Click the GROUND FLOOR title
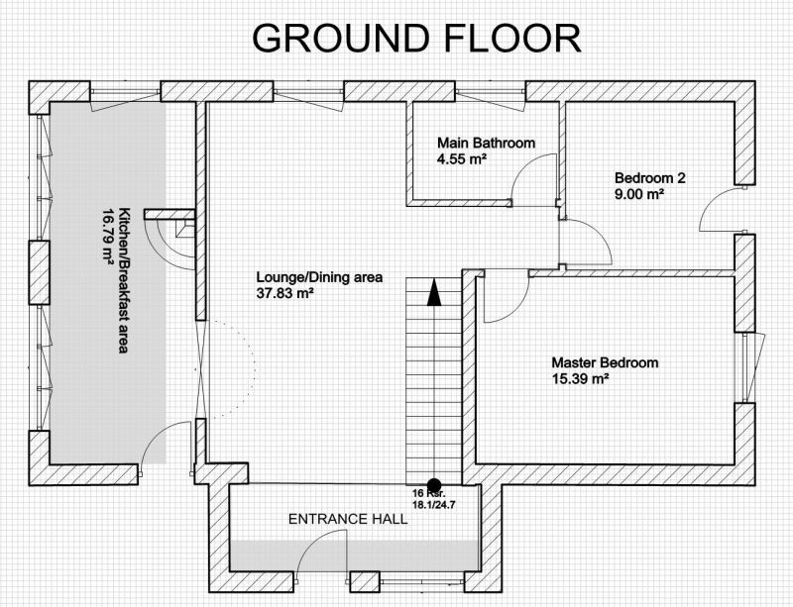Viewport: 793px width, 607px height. coord(416,39)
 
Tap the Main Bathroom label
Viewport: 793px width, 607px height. coord(486,143)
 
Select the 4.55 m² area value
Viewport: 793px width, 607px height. coord(462,159)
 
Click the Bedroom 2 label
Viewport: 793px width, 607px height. coord(650,178)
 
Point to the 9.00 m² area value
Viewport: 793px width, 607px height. coord(639,194)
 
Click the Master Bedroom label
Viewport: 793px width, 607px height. coord(605,362)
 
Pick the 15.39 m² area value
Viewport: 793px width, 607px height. coord(580,378)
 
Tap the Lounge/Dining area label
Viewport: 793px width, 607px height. coord(319,277)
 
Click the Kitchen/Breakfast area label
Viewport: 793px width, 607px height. coord(123,280)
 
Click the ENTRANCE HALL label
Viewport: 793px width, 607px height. coord(348,519)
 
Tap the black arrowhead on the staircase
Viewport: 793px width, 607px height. coord(434,292)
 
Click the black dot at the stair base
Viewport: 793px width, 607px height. coord(434,484)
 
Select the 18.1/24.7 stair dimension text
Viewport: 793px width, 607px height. coord(431,504)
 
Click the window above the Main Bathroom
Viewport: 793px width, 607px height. coord(491,91)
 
